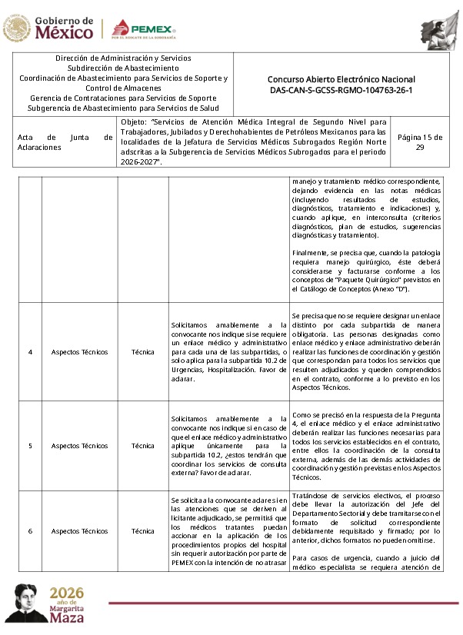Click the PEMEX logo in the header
pyautogui.click(x=144, y=30)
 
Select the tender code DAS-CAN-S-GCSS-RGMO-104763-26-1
pyautogui.click(x=341, y=90)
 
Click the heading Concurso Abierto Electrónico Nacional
pyautogui.click(x=341, y=79)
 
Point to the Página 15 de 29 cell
pyautogui.click(x=420, y=142)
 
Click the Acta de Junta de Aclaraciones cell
pyautogui.click(x=65, y=142)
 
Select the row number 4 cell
pyautogui.click(x=30, y=352)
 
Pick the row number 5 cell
pyautogui.click(x=30, y=445)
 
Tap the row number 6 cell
pyautogui.click(x=30, y=530)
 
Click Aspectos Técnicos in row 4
pyautogui.click(x=79, y=352)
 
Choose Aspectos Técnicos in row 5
pyautogui.click(x=79, y=445)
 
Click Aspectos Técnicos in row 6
pyautogui.click(x=79, y=530)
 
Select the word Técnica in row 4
pyautogui.click(x=142, y=352)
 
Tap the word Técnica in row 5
pyautogui.click(x=142, y=445)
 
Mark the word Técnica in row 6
pyautogui.click(x=142, y=530)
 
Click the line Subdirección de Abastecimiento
pyautogui.click(x=123, y=68)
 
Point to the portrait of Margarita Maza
pyautogui.click(x=22, y=602)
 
